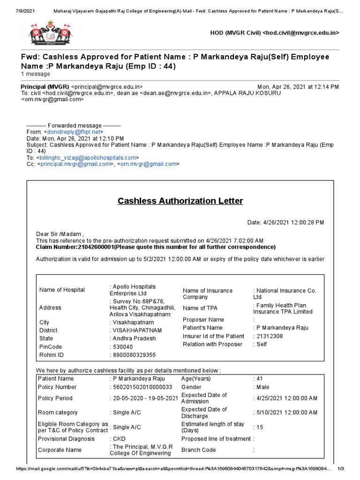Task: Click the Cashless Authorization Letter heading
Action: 180,201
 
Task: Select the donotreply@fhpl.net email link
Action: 74,133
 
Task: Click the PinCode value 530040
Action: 122,347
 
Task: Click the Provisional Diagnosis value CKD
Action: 120,439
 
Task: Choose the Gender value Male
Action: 263,387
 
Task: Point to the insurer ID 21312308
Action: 269,336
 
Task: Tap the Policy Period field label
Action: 55,398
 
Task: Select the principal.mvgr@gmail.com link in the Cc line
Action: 75,164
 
